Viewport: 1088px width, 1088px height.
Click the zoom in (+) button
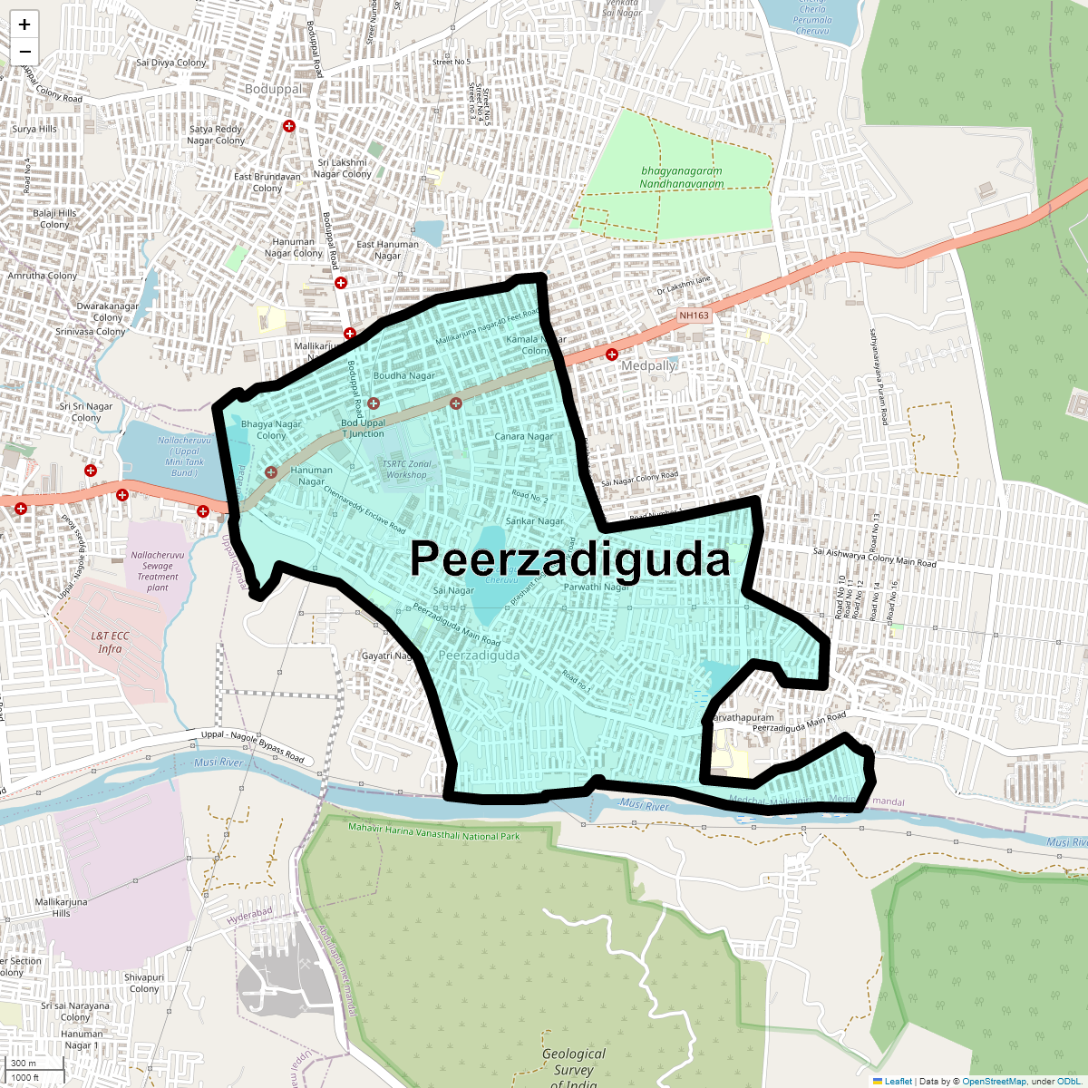24,24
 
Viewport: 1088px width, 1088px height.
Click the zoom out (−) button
24,52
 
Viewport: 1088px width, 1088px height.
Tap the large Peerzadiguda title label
569,559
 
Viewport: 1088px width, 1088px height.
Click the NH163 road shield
694,316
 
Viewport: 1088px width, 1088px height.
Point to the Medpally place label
648,366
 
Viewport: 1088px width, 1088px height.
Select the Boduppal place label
274,90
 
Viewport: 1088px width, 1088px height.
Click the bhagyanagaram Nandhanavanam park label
682,177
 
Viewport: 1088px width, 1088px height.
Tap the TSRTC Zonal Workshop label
406,469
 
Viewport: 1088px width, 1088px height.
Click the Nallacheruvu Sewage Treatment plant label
158,571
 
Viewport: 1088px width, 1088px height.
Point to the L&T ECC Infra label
110,642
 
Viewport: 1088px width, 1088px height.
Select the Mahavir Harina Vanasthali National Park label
434,831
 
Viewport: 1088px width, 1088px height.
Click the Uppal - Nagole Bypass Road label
252,745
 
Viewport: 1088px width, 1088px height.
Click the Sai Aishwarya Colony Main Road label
874,557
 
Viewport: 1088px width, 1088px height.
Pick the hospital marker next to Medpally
612,355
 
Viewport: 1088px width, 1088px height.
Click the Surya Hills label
34,129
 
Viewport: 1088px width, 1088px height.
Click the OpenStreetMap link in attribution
994,1081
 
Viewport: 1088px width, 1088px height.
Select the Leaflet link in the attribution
898,1081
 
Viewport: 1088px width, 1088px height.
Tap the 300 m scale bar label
24,1064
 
